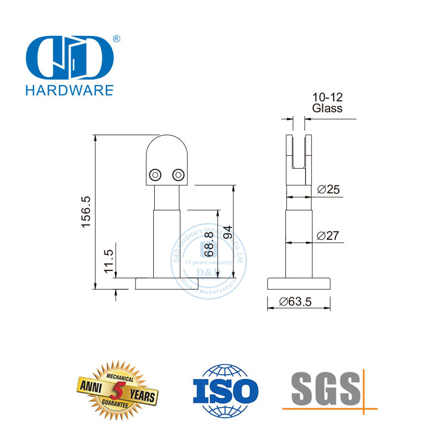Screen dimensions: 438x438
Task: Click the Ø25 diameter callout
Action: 327,189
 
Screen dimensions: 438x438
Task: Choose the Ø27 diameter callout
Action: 327,236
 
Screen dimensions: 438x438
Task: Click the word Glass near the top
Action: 327,109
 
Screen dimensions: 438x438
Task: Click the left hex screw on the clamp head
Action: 155,175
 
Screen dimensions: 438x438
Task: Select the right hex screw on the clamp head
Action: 177,175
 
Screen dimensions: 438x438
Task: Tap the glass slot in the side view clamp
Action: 299,151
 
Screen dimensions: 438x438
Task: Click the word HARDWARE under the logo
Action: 69,90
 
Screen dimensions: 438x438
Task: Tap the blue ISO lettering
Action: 225,392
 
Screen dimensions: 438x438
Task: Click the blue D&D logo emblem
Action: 68,58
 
